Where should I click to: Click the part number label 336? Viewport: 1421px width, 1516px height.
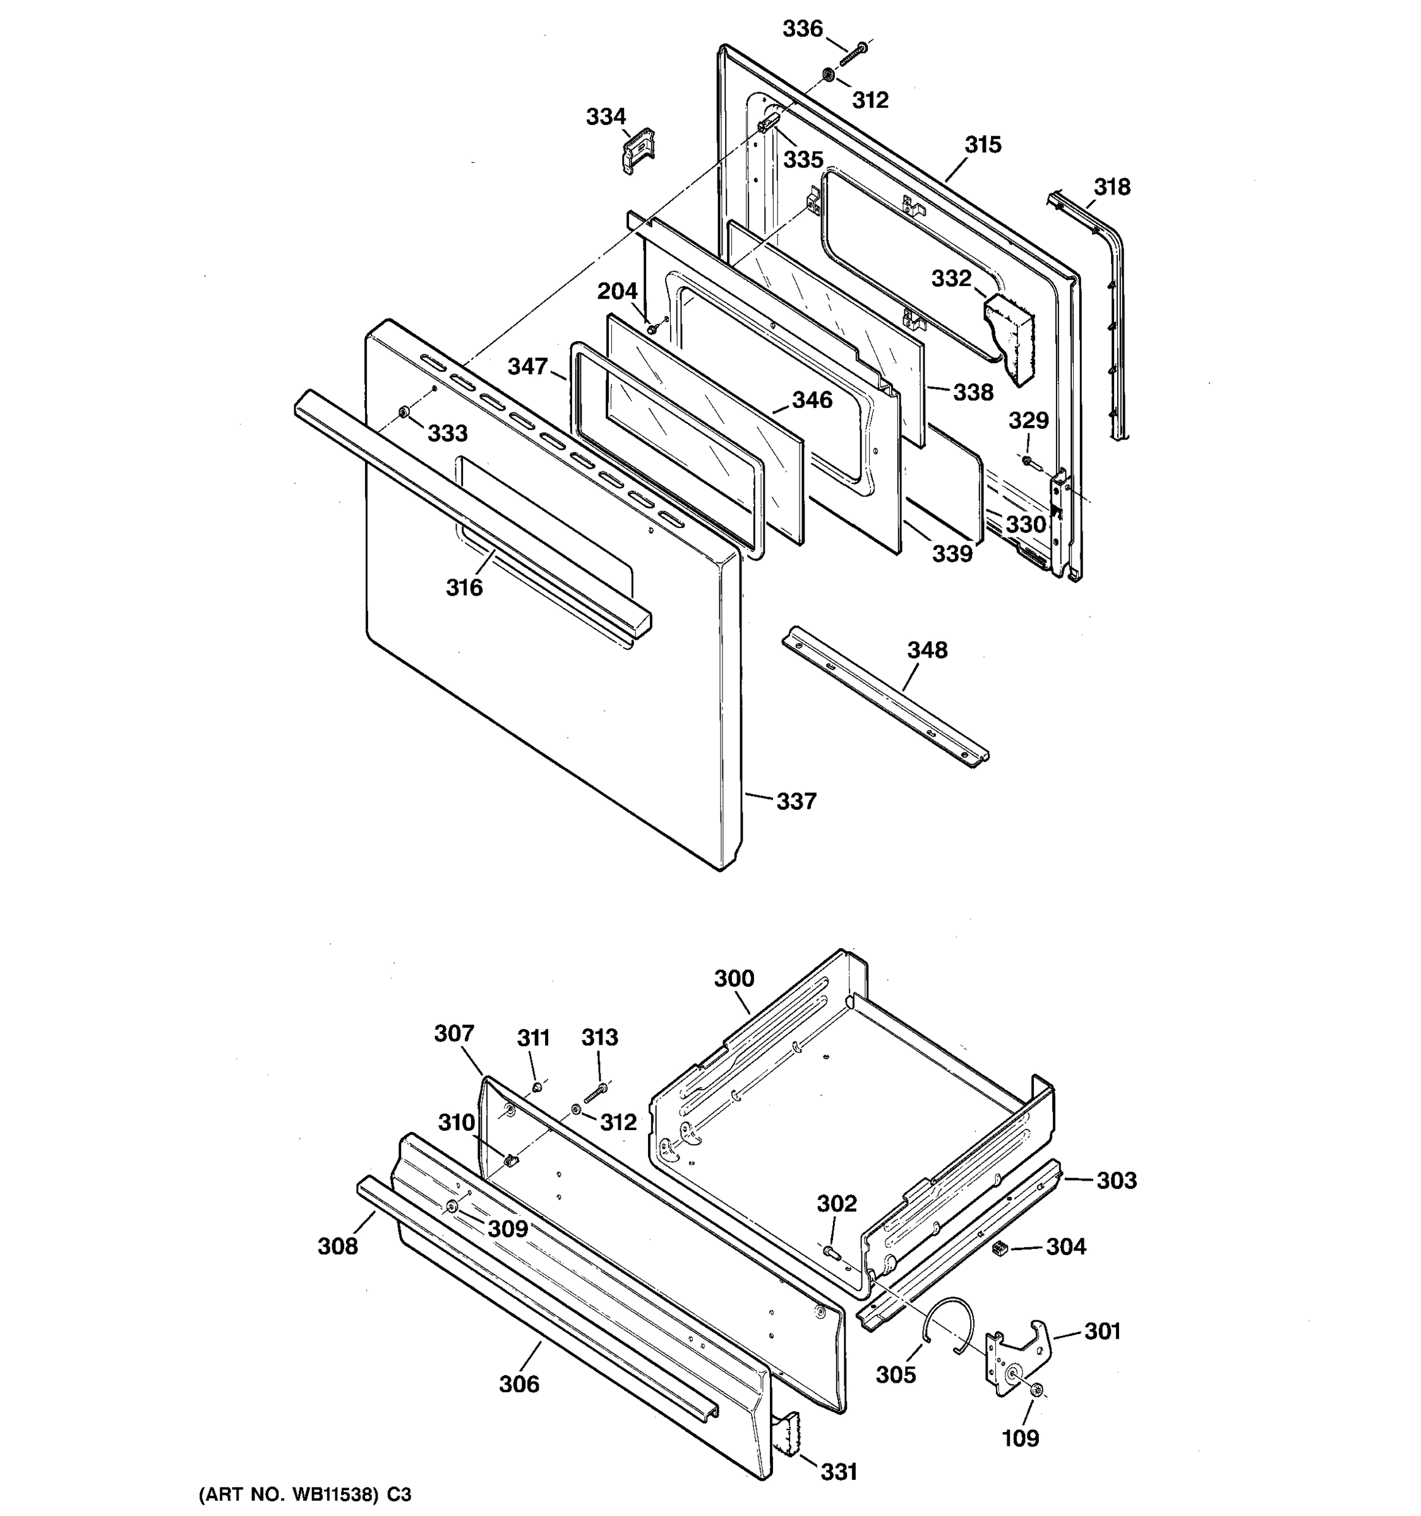coord(803,29)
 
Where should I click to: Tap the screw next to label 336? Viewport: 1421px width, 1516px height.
coord(854,54)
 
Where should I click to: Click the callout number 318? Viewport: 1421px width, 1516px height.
coord(1112,187)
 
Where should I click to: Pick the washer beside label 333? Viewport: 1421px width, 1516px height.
coord(404,412)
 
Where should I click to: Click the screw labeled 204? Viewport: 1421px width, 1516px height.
coord(653,330)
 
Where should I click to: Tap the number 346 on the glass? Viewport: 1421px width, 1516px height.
coord(812,400)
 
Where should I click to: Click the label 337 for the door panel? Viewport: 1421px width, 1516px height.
coord(796,801)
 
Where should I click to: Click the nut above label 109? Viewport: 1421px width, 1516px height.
coord(1036,1392)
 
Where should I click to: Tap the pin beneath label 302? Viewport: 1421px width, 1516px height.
coord(832,1251)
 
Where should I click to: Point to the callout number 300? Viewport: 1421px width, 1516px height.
coord(733,978)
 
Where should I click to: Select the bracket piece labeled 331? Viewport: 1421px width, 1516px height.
coord(785,1432)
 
